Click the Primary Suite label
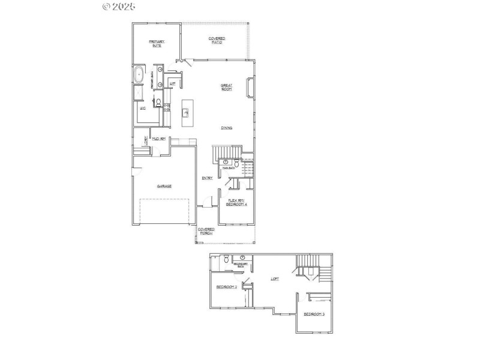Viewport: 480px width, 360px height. (x=157, y=43)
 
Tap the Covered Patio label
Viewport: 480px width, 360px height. (x=217, y=40)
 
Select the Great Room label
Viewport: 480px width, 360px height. (x=226, y=88)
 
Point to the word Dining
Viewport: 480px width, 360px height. (x=226, y=128)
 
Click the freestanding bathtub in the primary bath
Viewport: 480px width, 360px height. (x=139, y=76)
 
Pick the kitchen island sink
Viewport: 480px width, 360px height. (x=185, y=112)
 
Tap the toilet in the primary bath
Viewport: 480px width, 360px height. (x=157, y=104)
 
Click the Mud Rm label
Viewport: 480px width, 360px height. (x=159, y=139)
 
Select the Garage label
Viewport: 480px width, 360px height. (x=164, y=187)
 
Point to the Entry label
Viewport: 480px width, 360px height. (x=208, y=178)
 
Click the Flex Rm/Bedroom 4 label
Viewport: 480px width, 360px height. (x=236, y=203)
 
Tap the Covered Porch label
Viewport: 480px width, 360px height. (x=206, y=232)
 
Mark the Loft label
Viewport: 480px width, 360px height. (x=275, y=278)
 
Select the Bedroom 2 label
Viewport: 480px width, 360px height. (x=226, y=287)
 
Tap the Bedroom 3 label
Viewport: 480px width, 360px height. (x=314, y=314)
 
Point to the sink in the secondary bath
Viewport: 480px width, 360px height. (x=235, y=258)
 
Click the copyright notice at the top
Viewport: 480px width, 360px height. (x=119, y=6)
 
